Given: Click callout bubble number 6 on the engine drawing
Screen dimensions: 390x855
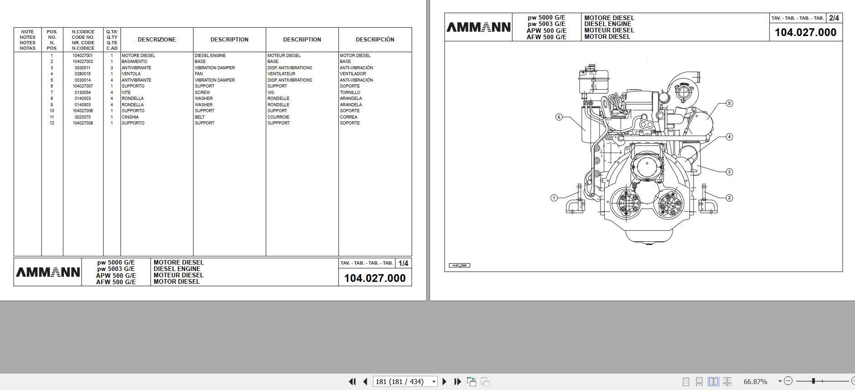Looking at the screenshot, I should (559, 117).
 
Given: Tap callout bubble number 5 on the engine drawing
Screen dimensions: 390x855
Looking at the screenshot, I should (729, 104).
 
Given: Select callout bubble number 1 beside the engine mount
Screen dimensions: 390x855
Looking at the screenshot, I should (554, 198).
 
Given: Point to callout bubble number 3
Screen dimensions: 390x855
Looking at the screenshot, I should (729, 172).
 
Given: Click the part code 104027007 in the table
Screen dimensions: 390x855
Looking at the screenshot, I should (83, 86).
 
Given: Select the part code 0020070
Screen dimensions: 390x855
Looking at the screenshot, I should (83, 117).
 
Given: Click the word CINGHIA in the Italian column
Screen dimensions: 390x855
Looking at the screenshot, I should (130, 117).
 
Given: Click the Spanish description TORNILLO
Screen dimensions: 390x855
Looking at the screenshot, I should (350, 93).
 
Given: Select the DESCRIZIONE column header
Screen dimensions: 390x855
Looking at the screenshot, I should (156, 40).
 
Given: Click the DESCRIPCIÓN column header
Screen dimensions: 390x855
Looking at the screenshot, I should (375, 40).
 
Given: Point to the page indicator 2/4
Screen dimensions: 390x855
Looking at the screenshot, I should (834, 18).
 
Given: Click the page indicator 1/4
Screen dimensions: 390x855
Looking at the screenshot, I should (403, 263).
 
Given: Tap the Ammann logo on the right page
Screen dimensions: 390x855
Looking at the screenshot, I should (478, 27).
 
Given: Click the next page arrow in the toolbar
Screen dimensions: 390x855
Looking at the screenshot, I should (445, 381).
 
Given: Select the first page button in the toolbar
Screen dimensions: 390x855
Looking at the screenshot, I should (352, 381).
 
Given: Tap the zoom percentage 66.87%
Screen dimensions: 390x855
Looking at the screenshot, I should (755, 381).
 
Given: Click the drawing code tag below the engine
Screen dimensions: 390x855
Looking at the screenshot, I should (459, 265).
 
